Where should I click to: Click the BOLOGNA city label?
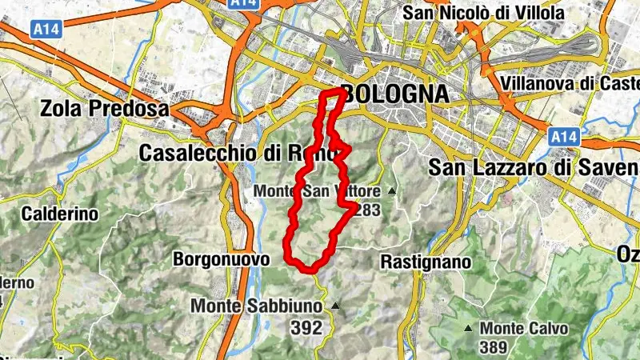[x=394, y=93]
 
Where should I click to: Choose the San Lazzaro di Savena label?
[x=533, y=167]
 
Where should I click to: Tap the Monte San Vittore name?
[x=318, y=192]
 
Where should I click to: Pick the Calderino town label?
[x=60, y=214]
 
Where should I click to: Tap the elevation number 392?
[x=306, y=326]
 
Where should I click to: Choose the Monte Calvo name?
[x=524, y=328]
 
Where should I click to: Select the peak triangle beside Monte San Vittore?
[x=392, y=191]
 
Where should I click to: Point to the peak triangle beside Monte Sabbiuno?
[x=335, y=306]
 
